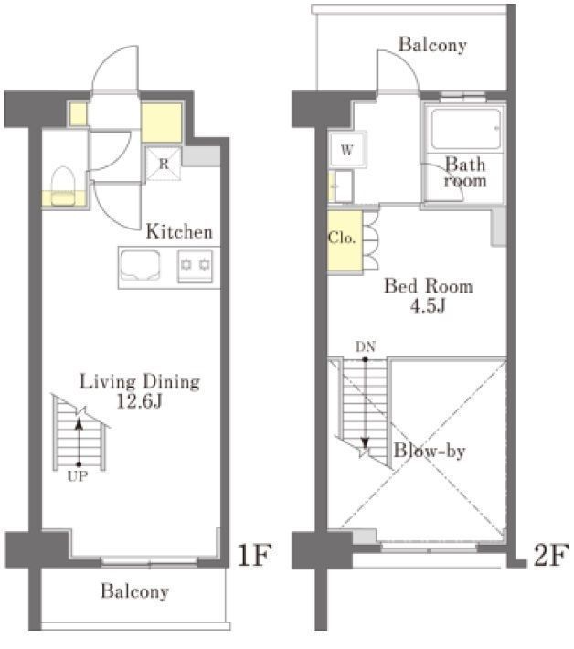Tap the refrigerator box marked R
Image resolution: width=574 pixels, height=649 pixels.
164,164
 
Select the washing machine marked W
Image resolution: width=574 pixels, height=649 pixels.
347,149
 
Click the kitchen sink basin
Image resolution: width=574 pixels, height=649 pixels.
140,265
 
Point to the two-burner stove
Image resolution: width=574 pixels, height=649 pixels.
195,266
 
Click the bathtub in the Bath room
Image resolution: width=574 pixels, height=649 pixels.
465,128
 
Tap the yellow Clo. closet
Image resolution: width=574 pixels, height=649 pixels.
345,241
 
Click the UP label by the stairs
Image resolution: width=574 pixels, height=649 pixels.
78,476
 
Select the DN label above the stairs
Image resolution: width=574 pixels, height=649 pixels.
366,346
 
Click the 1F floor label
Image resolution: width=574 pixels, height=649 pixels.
254,555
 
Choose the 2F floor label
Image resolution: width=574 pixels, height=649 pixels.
550,555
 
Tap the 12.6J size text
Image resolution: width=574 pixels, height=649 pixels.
139,401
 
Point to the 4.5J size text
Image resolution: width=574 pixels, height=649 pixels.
428,306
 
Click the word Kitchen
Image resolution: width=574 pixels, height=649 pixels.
179,232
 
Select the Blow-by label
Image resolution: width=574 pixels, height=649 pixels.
430,451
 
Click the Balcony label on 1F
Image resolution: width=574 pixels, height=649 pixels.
135,591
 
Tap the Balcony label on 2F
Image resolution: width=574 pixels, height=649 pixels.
432,44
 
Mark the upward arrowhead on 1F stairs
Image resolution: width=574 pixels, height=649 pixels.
79,423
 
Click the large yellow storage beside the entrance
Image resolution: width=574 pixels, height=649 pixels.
162,122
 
